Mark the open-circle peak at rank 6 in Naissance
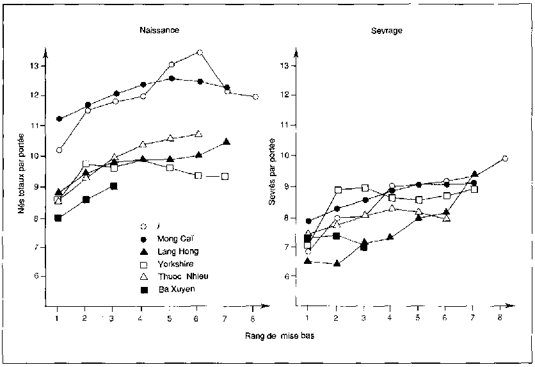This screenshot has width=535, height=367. coord(200,53)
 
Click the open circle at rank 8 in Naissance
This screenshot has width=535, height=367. coord(255,97)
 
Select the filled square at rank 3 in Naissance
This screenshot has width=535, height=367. coord(114,186)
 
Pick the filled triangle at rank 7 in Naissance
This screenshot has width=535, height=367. coord(227,142)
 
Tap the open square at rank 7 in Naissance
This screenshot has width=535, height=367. coord(225,176)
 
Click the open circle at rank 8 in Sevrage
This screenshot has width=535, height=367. coord(505,158)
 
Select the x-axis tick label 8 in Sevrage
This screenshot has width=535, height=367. coord(499,317)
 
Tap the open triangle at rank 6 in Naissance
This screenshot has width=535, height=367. coord(198,134)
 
